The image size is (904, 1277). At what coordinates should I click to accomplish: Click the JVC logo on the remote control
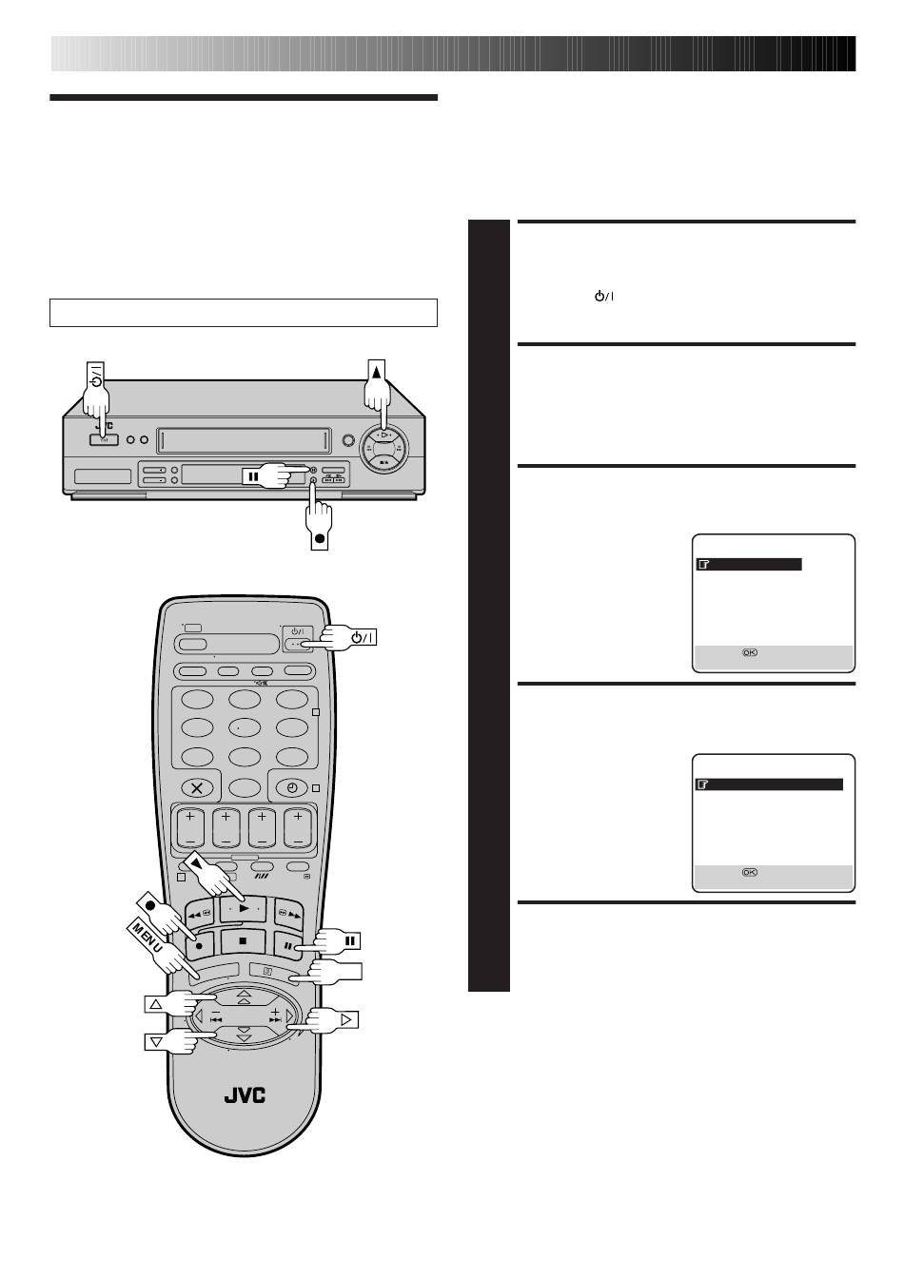click(x=245, y=1095)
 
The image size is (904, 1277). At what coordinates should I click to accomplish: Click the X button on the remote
click(x=197, y=788)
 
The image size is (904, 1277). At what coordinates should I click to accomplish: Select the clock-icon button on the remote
click(x=292, y=788)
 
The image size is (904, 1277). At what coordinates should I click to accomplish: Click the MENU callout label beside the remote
click(x=147, y=938)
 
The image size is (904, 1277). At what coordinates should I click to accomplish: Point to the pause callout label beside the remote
click(x=351, y=940)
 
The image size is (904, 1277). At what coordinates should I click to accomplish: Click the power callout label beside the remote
click(x=364, y=637)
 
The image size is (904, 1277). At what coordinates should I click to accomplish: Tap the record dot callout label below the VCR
click(x=320, y=537)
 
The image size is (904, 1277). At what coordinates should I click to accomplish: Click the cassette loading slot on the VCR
click(x=246, y=439)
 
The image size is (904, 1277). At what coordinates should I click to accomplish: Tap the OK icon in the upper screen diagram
click(x=750, y=652)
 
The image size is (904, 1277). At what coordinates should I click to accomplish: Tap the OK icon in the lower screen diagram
click(x=750, y=872)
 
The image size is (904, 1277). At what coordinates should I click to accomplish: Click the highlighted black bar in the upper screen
click(x=749, y=565)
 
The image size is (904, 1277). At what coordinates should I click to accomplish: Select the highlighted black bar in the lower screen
click(x=770, y=784)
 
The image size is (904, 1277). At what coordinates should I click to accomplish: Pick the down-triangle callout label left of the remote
click(x=156, y=1042)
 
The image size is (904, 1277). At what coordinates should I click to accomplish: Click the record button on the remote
click(x=199, y=944)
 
